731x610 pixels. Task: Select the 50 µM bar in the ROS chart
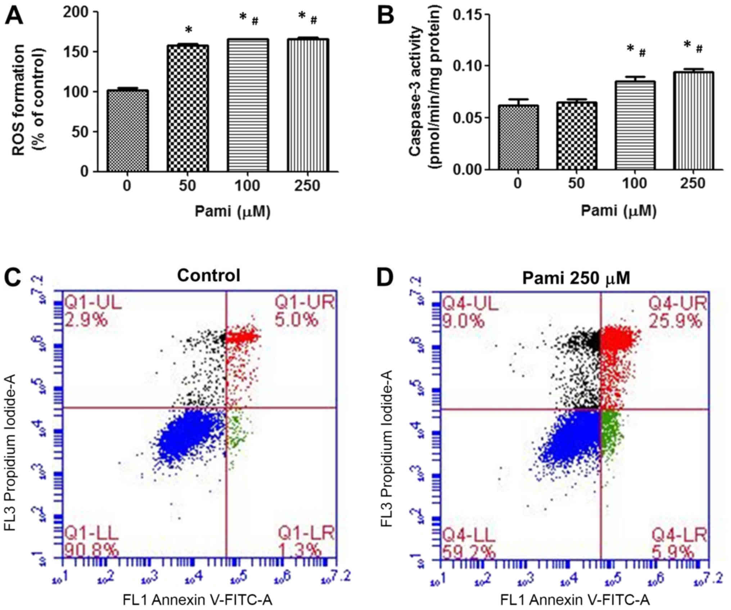pos(188,108)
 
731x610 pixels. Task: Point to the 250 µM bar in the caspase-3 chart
pos(693,120)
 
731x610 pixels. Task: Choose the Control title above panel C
pos(208,276)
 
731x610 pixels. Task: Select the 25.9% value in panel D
pos(675,320)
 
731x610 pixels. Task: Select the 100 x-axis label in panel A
pos(248,186)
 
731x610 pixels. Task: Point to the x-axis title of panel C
pos(198,600)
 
